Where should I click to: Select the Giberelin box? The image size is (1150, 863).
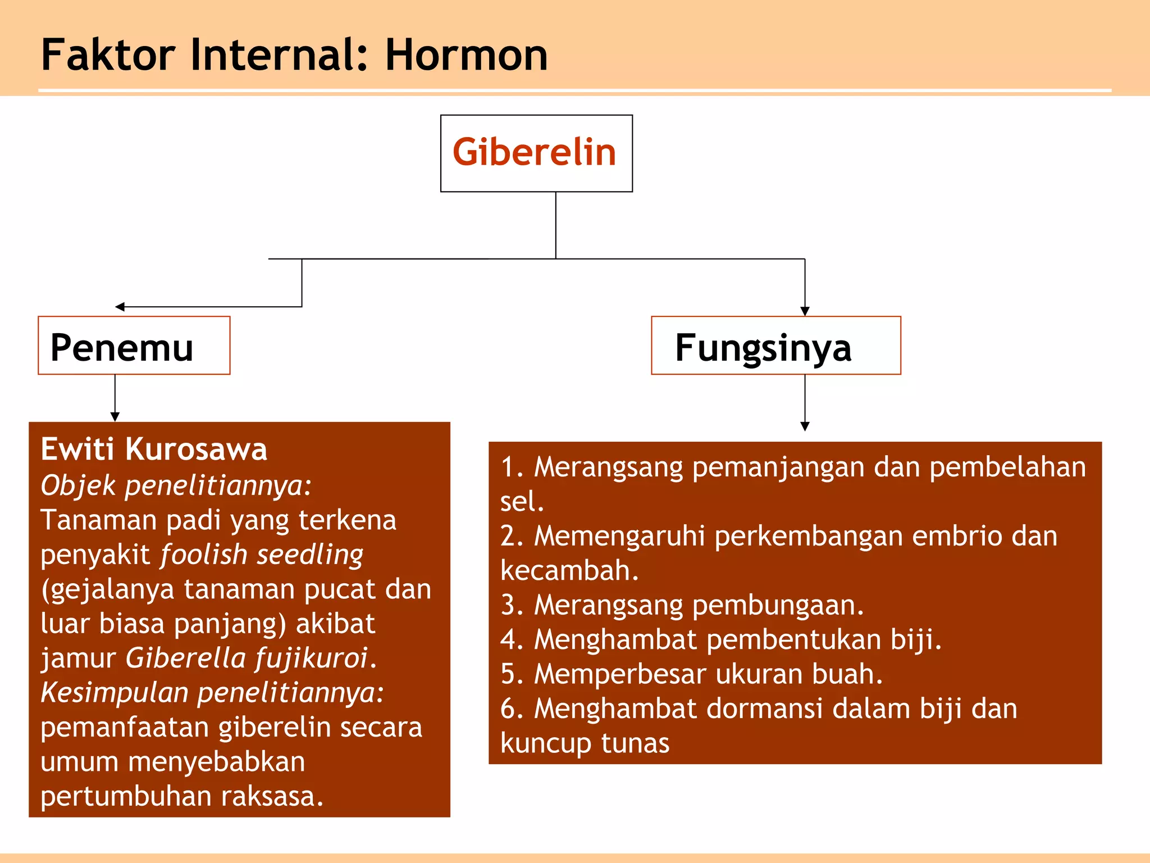536,153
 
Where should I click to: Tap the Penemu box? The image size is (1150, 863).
134,346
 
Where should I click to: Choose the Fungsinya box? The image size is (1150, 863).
775,346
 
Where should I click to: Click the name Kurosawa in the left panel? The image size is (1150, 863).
196,449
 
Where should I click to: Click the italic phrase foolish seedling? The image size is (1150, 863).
262,555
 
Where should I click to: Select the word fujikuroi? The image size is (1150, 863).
312,658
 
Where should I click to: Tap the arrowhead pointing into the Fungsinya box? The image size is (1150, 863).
805,311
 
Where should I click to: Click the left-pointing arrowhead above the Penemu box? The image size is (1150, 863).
120,307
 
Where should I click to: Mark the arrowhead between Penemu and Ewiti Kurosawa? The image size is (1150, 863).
115,417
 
